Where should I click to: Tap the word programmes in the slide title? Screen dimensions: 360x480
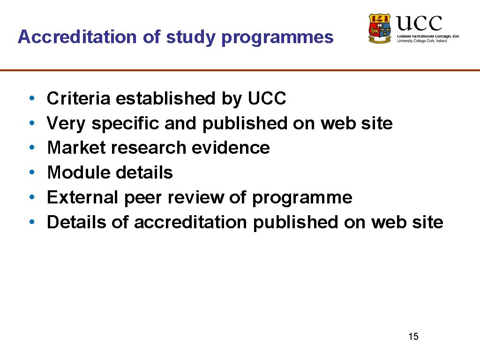tap(277, 37)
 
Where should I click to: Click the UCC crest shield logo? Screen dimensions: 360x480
tap(380, 28)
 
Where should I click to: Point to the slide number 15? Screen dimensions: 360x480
tap(413, 336)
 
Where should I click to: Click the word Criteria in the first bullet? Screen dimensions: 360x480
tap(79, 98)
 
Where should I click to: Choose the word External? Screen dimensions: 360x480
tap(83, 197)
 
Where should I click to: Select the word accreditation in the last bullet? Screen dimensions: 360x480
tap(190, 222)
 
